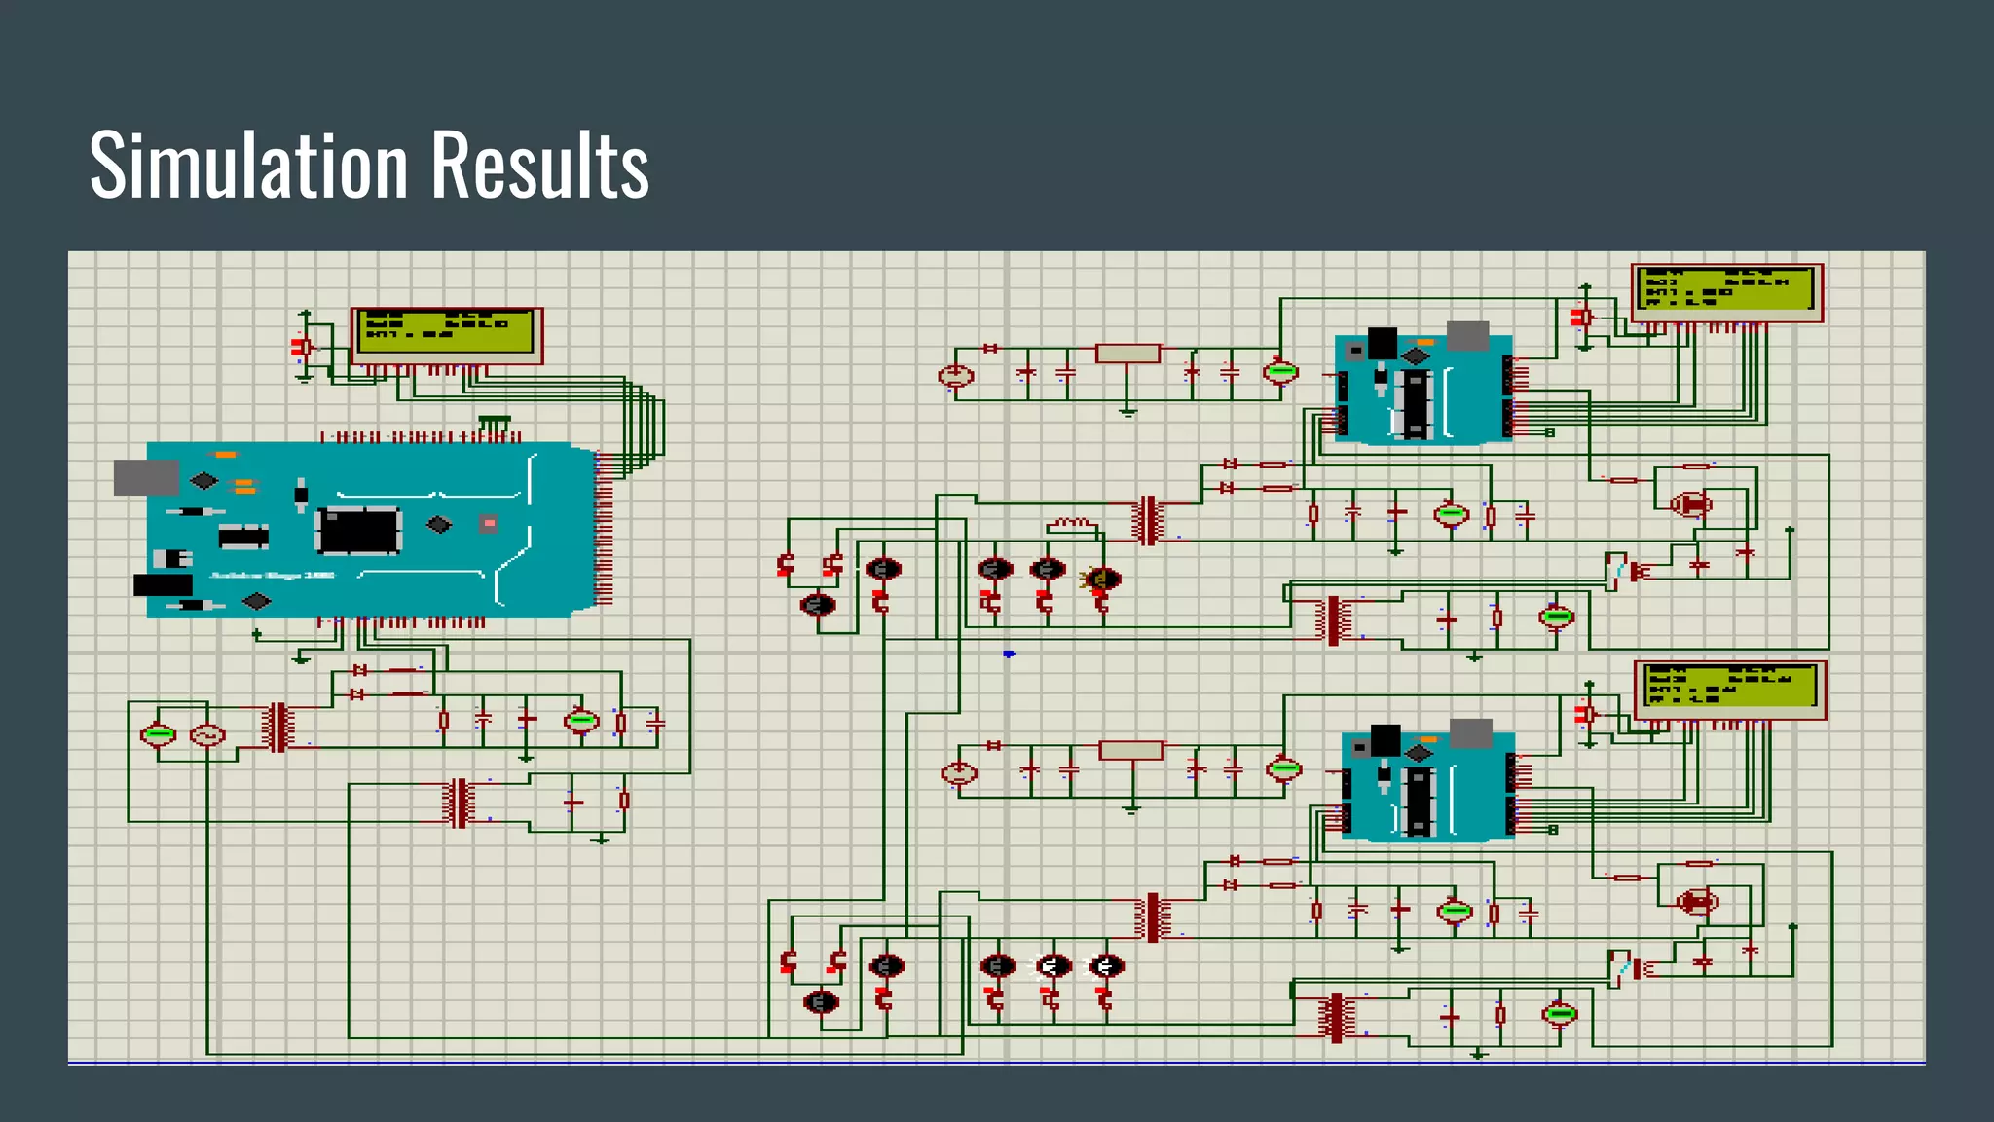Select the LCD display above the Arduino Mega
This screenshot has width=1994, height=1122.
pos(446,332)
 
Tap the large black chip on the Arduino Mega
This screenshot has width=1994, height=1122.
pos(358,531)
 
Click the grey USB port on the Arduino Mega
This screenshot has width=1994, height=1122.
pos(146,477)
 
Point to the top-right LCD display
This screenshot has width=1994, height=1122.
pos(1725,289)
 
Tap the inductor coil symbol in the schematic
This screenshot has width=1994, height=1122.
pos(1071,525)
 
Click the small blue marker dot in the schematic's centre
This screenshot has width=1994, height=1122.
pos(1009,654)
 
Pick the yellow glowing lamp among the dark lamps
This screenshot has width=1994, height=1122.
pos(1101,580)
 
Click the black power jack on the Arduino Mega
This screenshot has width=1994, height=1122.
pos(163,585)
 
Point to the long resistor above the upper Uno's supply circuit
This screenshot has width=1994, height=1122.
pos(1127,354)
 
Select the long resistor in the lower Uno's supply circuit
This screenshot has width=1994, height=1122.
pos(1130,750)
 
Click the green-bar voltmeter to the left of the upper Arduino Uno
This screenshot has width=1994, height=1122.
pos(1280,371)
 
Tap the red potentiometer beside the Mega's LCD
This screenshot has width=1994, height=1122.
pos(301,347)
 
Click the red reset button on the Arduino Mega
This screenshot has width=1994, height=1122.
pos(489,524)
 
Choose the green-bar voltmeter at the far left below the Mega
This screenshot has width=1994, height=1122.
pos(158,734)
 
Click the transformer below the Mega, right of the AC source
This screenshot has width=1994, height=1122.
pos(278,727)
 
